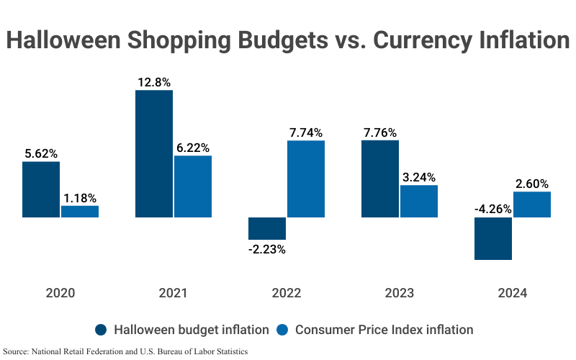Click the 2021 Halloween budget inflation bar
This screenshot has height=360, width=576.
click(x=154, y=153)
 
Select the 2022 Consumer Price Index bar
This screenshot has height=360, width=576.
click(x=306, y=179)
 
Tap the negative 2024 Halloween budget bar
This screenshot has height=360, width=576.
click(x=493, y=238)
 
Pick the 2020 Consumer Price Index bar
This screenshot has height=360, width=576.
click(x=80, y=211)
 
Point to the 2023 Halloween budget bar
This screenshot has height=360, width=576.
click(x=380, y=179)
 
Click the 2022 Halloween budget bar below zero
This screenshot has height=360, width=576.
click(x=267, y=228)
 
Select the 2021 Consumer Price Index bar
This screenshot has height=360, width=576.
click(x=193, y=186)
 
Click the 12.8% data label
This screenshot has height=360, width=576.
click(x=154, y=82)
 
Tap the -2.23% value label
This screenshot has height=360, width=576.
click(x=267, y=249)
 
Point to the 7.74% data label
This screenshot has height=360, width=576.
click(x=306, y=132)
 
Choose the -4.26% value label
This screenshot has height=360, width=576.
click(x=493, y=210)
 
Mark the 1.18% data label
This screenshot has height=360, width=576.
click(x=80, y=197)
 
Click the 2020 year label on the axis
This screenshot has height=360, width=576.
click(x=60, y=293)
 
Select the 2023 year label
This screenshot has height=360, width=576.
click(x=400, y=293)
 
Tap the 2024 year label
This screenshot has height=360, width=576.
click(x=512, y=293)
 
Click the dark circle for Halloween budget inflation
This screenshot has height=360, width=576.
click(x=102, y=330)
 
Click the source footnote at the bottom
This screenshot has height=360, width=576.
click(x=126, y=352)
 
